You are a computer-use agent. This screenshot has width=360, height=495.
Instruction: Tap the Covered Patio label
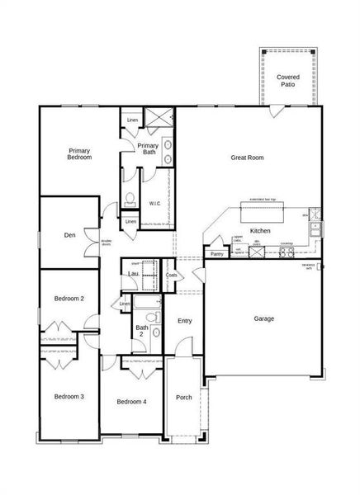(x=287, y=80)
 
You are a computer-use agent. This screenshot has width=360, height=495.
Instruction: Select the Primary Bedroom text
(x=79, y=154)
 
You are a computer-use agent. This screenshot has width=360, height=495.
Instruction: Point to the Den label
(x=70, y=235)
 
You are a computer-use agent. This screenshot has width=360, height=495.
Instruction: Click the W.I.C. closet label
(x=154, y=203)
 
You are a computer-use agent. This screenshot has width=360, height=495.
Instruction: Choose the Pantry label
(x=216, y=255)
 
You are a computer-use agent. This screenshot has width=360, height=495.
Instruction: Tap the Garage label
(x=264, y=318)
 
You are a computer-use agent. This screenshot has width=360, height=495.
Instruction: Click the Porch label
(x=184, y=398)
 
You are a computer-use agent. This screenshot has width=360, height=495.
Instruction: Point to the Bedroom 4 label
(x=131, y=402)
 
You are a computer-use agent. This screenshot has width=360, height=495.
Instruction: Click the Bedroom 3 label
(x=69, y=397)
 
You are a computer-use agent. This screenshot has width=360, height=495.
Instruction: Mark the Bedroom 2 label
(x=69, y=299)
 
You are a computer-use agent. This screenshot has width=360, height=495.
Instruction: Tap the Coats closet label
(x=171, y=276)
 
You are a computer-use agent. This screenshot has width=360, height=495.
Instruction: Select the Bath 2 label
(x=142, y=331)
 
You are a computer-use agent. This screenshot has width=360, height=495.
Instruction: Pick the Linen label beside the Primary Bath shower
(x=132, y=120)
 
